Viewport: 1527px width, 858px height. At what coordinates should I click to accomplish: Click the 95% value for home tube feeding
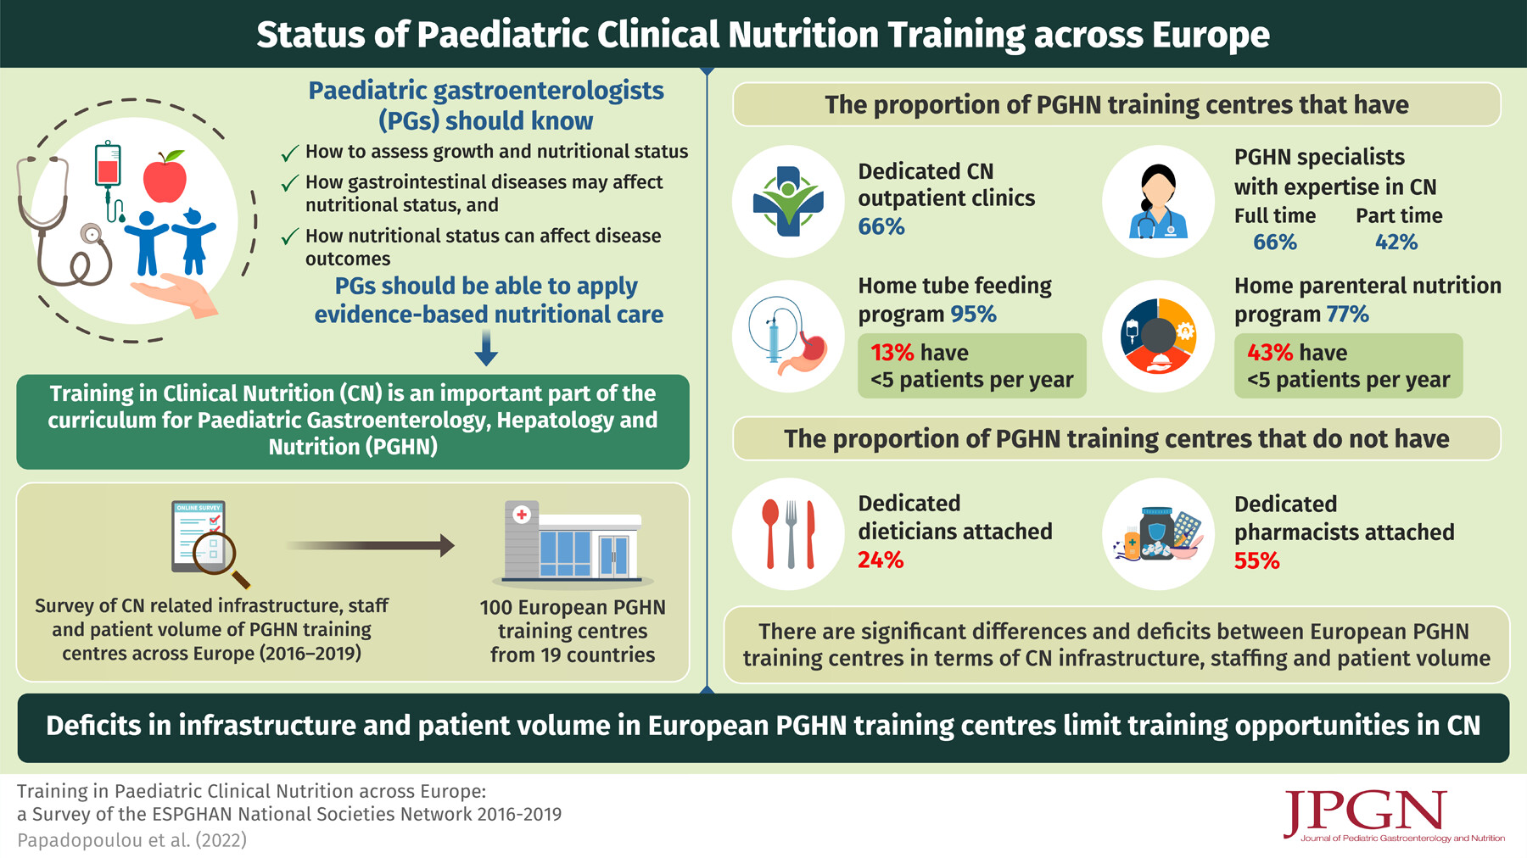pyautogui.click(x=973, y=315)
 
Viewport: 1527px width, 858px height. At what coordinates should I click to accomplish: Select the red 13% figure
pyautogui.click(x=892, y=353)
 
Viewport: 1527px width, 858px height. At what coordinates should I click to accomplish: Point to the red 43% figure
pyautogui.click(x=1270, y=353)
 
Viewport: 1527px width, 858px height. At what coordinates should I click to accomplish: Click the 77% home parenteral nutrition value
pyautogui.click(x=1347, y=315)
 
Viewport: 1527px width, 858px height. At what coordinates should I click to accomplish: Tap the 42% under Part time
pyautogui.click(x=1396, y=242)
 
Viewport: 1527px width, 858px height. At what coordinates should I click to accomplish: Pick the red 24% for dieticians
pyautogui.click(x=881, y=560)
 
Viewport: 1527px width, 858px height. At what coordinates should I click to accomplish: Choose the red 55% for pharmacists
pyautogui.click(x=1256, y=561)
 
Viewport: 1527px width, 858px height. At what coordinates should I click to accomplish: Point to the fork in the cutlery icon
pyautogui.click(x=791, y=534)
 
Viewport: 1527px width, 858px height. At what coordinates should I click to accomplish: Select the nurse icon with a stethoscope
pyautogui.click(x=1158, y=202)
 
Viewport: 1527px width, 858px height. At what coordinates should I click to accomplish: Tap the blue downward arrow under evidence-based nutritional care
pyautogui.click(x=486, y=348)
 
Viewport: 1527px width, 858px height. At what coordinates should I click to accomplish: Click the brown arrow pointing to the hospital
pyautogui.click(x=370, y=546)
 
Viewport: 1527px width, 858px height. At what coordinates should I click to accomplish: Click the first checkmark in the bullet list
pyautogui.click(x=289, y=153)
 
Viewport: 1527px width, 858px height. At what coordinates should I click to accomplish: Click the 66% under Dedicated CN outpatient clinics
pyautogui.click(x=881, y=227)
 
